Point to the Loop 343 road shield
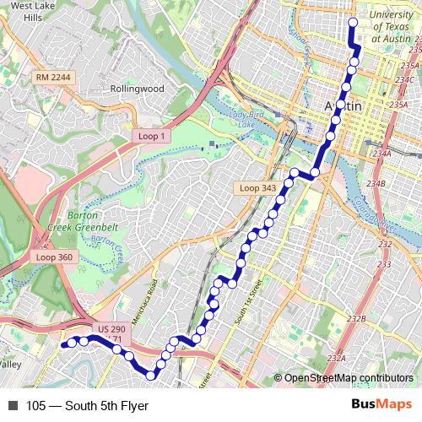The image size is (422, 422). pyautogui.click(x=255, y=187)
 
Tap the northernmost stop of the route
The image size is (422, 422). pyautogui.click(x=353, y=23)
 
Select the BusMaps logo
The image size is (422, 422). pyautogui.click(x=381, y=405)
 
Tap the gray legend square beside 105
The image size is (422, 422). pyautogui.click(x=11, y=405)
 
